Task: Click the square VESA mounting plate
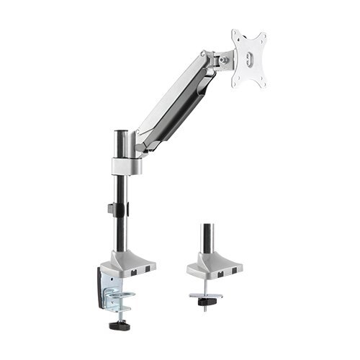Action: coord(248,59)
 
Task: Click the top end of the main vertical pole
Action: coord(120,134)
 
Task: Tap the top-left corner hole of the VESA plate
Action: coord(235,35)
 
